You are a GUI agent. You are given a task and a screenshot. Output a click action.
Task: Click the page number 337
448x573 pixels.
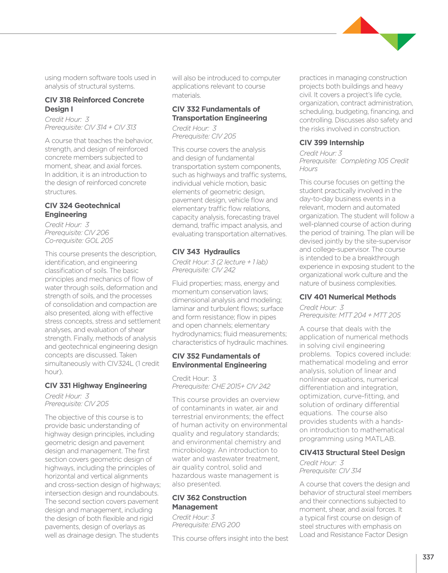(428, 557)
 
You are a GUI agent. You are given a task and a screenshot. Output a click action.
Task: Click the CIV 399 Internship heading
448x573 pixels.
(331, 143)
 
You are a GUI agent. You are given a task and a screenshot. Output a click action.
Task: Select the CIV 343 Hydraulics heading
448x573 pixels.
(206, 252)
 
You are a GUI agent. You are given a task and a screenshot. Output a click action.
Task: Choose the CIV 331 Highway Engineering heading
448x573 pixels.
(96, 385)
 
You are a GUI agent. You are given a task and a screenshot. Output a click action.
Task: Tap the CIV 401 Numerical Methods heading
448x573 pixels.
(348, 297)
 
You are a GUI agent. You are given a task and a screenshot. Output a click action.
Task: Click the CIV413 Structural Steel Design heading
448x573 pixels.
(352, 453)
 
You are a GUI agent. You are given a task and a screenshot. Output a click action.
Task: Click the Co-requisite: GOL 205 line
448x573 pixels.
(79, 241)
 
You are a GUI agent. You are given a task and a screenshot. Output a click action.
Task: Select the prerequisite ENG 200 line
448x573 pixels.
(206, 525)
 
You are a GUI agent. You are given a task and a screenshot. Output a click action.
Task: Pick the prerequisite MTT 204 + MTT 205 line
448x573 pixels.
(350, 315)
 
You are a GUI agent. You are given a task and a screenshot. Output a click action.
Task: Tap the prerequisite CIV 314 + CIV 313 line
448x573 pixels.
(90, 127)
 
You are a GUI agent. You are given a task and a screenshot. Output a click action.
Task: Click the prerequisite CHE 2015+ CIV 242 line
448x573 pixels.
(221, 386)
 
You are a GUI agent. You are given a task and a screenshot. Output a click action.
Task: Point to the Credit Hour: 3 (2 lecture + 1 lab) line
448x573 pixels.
(220, 262)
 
